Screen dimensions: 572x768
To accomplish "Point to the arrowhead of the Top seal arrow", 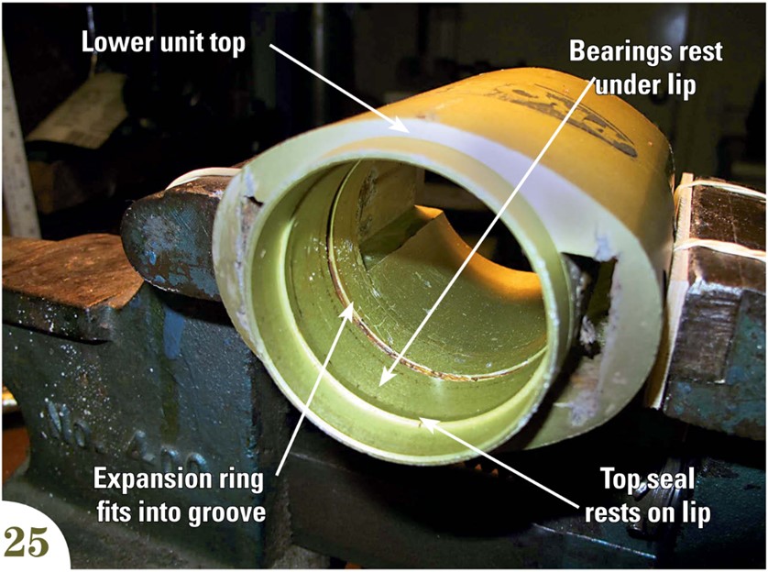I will [x=420, y=421].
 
